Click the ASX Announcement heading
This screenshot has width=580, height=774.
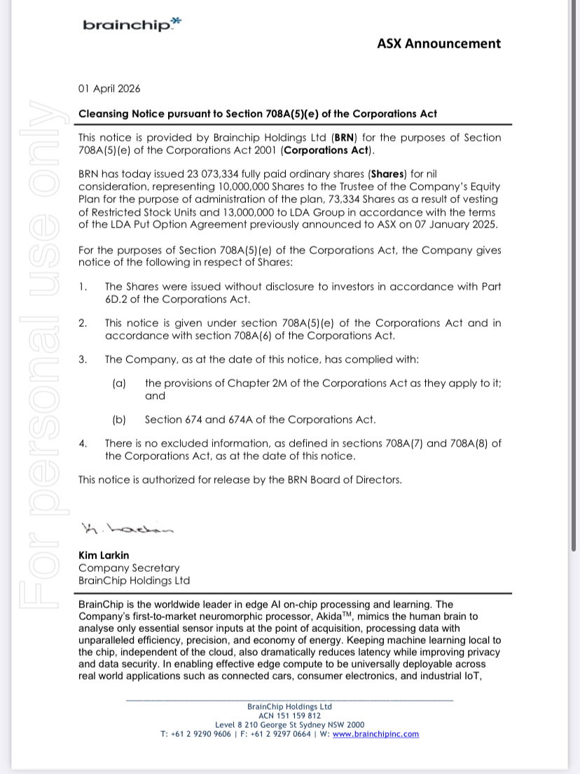[439, 43]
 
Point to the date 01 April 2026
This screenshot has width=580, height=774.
[109, 89]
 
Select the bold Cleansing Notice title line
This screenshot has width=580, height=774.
[258, 113]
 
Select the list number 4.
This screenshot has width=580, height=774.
[83, 444]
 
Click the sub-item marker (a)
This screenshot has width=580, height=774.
[119, 384]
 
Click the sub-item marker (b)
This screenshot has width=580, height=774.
[119, 420]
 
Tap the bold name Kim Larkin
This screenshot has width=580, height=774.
[104, 556]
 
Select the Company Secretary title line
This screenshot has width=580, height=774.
[129, 568]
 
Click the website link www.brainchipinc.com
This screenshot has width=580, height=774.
[375, 734]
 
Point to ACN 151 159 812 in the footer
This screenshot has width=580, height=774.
[289, 716]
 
